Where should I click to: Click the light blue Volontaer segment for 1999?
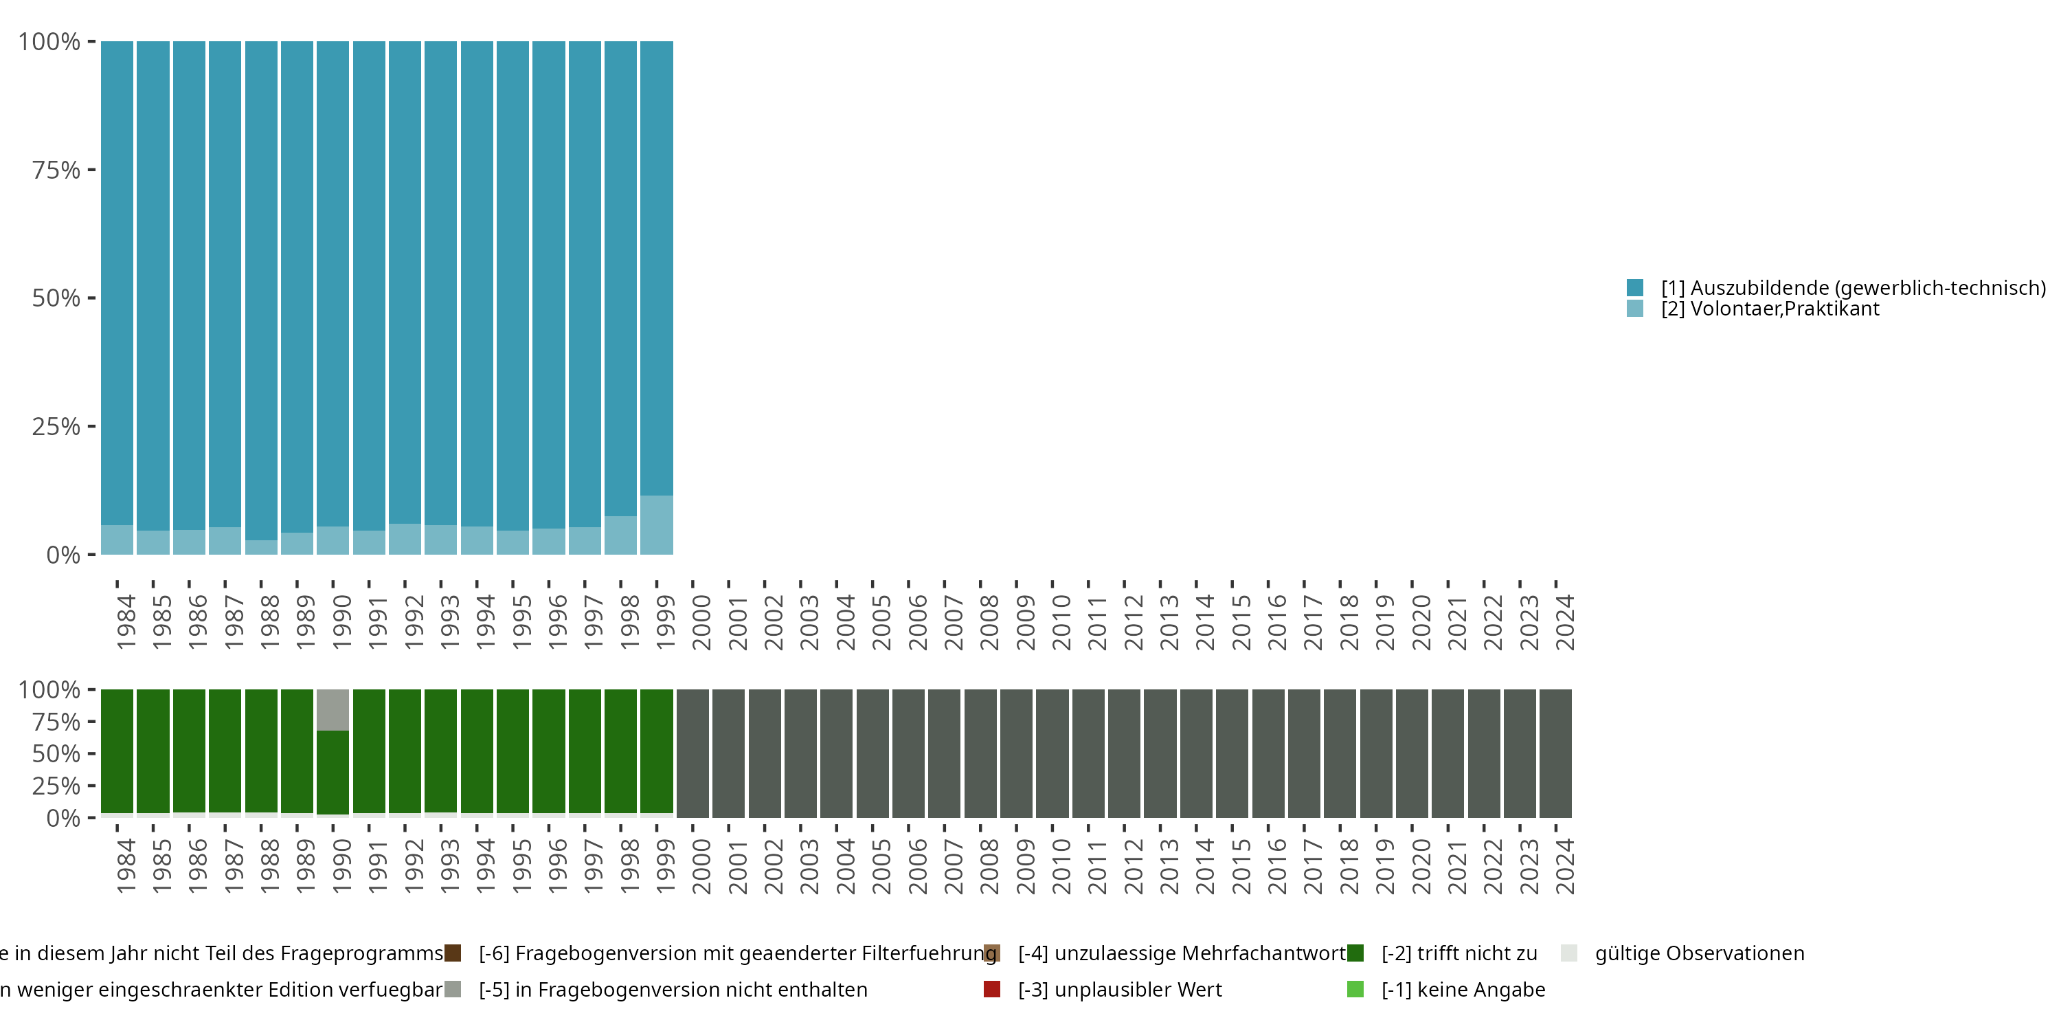[656, 524]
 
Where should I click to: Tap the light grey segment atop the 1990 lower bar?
[333, 709]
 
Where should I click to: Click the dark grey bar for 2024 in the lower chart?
[1555, 753]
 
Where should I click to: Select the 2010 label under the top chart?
[1061, 622]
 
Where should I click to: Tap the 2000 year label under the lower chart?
[701, 866]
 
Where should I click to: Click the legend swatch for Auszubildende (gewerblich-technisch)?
[1635, 287]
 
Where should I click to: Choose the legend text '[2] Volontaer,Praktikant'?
[1770, 309]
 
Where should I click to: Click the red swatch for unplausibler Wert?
[992, 989]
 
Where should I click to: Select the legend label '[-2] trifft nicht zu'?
[1459, 953]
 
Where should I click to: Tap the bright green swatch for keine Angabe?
[1355, 989]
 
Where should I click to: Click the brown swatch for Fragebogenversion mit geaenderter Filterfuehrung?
[453, 953]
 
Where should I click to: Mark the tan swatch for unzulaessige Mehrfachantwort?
[992, 953]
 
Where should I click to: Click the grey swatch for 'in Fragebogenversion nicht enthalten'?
[453, 989]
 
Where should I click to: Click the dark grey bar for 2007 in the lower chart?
[944, 753]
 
